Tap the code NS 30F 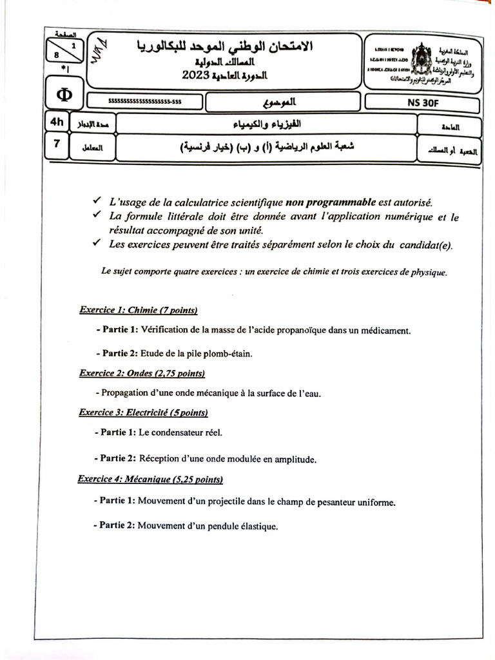[422, 102]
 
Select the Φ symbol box [64, 95]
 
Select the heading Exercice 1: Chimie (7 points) [138, 310]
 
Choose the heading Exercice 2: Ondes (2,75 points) [142, 373]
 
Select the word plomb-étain [228, 353]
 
